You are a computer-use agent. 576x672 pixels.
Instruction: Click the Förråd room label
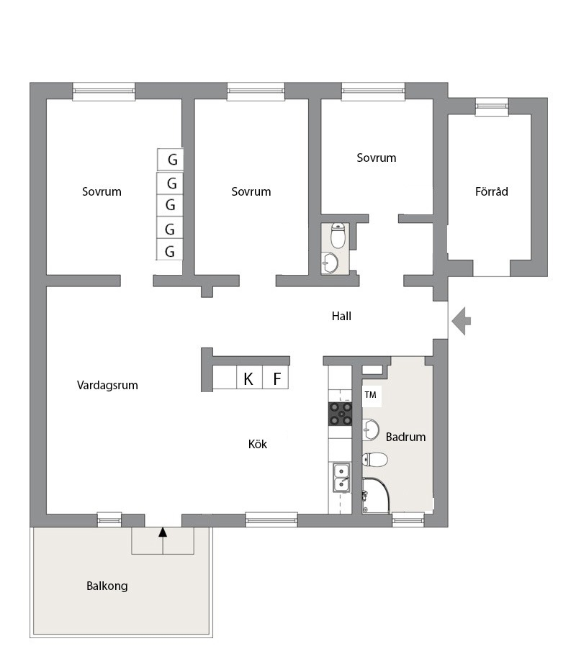tap(492, 191)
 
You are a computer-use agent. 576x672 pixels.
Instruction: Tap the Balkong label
tap(107, 586)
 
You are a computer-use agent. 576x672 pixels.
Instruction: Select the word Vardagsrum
tap(108, 385)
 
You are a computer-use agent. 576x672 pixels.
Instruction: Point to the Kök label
tap(258, 444)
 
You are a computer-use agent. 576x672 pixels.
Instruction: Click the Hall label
tap(341, 317)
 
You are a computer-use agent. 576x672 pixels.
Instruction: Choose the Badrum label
tap(406, 437)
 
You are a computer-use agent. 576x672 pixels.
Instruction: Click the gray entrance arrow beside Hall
tap(461, 321)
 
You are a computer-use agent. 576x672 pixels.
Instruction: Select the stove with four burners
tap(341, 414)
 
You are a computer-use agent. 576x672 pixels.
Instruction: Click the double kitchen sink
tap(341, 478)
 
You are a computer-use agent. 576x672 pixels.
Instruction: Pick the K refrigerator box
tap(249, 378)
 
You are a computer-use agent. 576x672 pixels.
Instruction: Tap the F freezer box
tap(275, 378)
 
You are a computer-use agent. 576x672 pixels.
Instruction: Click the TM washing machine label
tap(371, 394)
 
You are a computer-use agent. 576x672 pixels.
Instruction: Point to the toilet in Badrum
tap(375, 460)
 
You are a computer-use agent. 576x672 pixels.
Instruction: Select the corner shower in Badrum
tap(376, 496)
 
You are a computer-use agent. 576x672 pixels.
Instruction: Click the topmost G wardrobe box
tap(170, 160)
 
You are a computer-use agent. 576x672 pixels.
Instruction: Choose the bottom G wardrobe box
tap(169, 250)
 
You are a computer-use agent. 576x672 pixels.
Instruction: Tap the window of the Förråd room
tap(492, 106)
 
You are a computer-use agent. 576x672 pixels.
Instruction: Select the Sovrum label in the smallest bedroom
tap(376, 158)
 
